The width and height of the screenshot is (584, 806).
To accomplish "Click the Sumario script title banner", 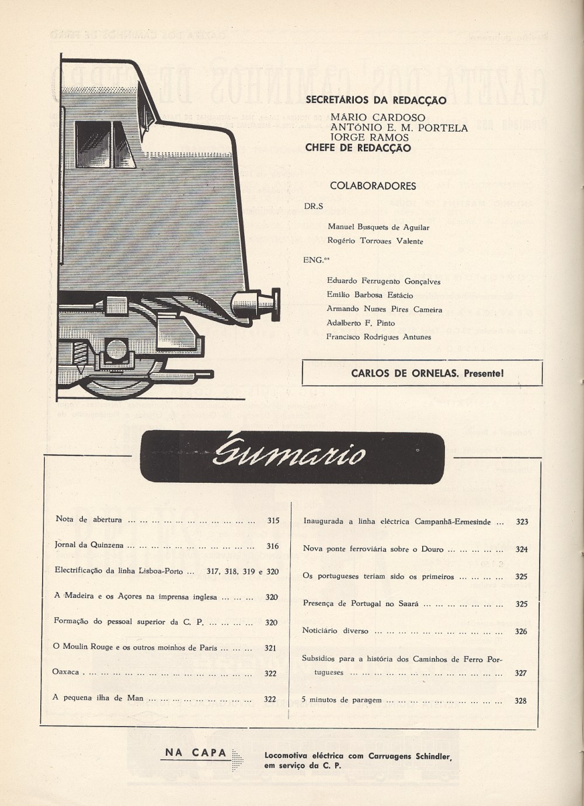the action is pos(292,456).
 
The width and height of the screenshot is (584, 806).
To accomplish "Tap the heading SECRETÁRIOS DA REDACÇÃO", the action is pos(376,100).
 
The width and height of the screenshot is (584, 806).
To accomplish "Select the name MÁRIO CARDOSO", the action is pos(378,117).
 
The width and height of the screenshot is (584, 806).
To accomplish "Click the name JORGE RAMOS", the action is pos(370,137).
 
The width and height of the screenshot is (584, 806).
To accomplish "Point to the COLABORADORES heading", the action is pos(373,186).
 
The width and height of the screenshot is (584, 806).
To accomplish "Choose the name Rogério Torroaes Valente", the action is pos(375,241).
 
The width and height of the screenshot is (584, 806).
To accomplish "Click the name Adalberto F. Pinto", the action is pos(361,323).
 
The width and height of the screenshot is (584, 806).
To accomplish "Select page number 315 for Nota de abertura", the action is pos(273,520).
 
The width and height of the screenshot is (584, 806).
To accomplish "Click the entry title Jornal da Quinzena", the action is pos(89,545).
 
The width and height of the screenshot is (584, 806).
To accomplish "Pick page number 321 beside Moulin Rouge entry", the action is pos(270,648).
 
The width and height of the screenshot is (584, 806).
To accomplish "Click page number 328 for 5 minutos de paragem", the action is pos(520,701).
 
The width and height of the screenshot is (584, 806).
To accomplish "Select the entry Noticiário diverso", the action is pos(335,631).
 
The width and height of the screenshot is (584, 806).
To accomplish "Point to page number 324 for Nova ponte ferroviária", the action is pos(522,549).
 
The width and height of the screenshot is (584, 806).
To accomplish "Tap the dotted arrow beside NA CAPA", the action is pos(238,760).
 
